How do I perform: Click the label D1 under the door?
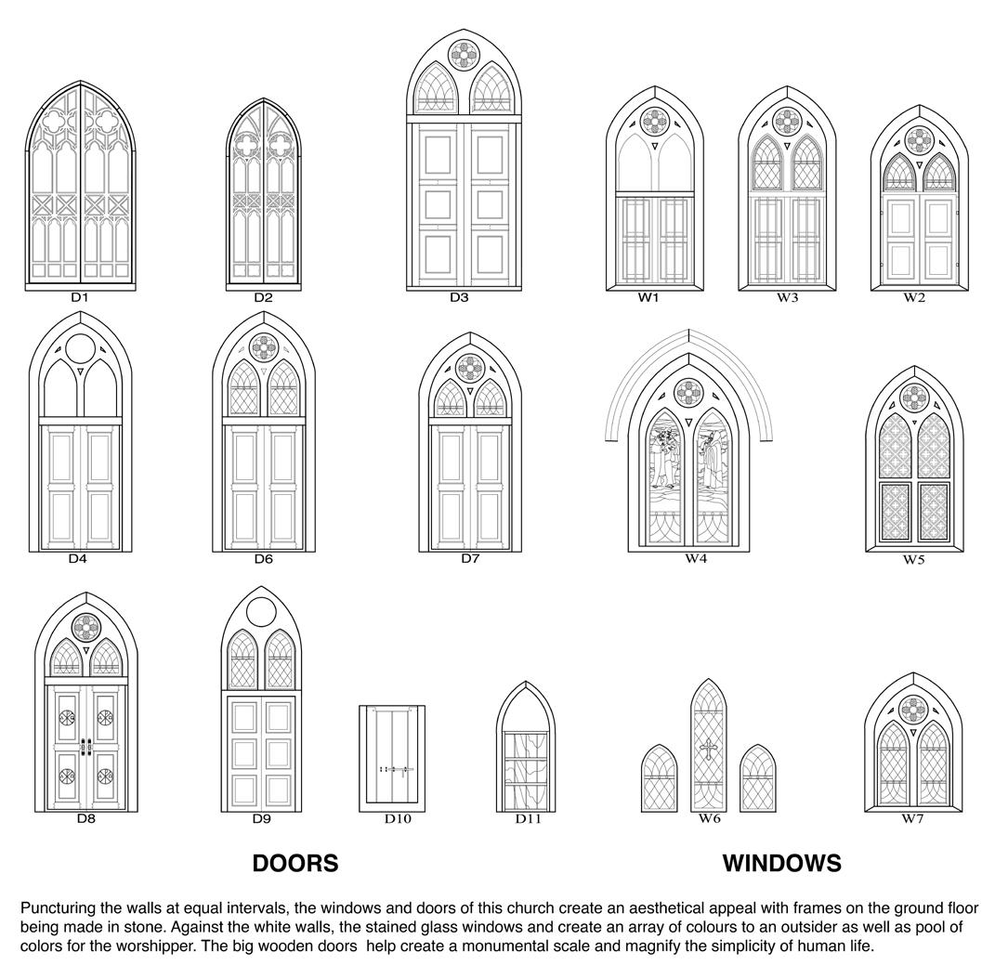[79, 298]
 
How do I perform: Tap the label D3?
[459, 298]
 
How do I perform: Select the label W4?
[696, 558]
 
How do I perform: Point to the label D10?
[397, 818]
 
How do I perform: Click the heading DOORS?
[295, 864]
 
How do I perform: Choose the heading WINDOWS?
[781, 864]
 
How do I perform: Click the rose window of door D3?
[463, 55]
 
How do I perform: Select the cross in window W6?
[708, 750]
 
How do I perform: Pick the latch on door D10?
[394, 769]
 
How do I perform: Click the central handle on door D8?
[85, 747]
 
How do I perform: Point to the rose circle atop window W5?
[914, 397]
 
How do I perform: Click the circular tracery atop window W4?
[687, 393]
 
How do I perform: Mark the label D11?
[528, 818]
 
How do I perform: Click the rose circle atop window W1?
[654, 122]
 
